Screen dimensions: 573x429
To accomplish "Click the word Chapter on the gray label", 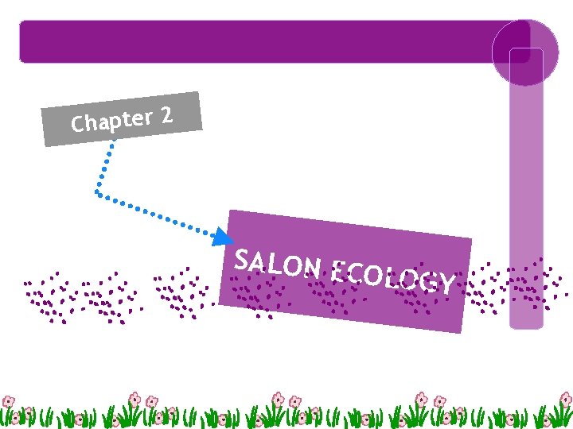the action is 111,122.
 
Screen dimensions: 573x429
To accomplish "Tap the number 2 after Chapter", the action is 166,116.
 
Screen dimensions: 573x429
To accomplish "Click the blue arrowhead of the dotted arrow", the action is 224,236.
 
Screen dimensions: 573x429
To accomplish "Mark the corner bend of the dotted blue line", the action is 96,191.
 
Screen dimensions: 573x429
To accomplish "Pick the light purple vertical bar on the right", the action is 525,199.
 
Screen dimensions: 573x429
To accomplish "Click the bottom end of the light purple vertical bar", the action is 525,323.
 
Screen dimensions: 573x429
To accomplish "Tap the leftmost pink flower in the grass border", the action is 9,401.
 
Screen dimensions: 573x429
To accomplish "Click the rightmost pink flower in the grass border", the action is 564,399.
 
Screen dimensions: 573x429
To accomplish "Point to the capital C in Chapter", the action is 78,125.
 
